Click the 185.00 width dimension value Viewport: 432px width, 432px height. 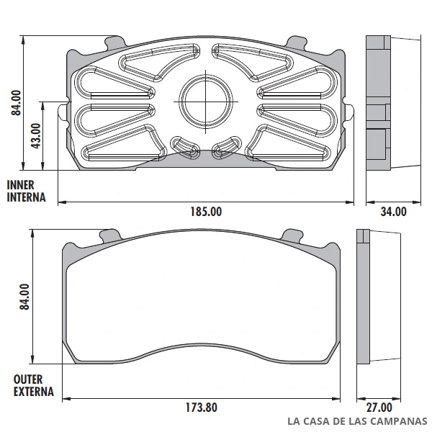206,212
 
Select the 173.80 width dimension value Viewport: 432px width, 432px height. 202,408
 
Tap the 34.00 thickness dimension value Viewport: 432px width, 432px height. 393,212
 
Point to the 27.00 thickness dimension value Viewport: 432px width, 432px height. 379,408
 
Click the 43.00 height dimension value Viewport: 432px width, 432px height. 36,136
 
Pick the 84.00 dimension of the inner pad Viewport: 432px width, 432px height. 16,102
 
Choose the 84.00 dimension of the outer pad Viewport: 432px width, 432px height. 24,297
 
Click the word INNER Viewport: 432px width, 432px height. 20,185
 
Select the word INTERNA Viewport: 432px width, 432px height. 26,197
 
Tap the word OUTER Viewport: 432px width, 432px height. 28,379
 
